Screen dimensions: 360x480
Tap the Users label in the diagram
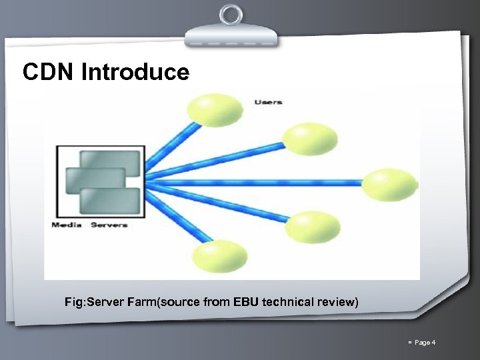(x=268, y=102)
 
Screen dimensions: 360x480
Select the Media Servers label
(x=89, y=225)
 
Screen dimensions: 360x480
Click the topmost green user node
(x=215, y=109)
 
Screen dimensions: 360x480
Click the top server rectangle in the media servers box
(x=111, y=160)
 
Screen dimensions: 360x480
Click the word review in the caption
(x=339, y=303)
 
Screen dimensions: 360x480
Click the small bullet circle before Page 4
(x=407, y=343)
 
